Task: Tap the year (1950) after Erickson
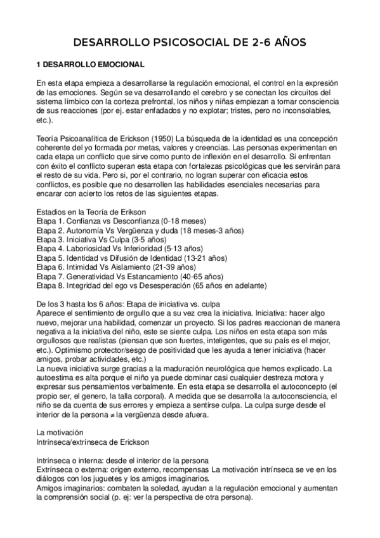[160, 138]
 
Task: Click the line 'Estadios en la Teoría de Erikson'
[96, 211]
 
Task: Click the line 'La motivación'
[60, 431]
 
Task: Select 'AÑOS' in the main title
[286, 43]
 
